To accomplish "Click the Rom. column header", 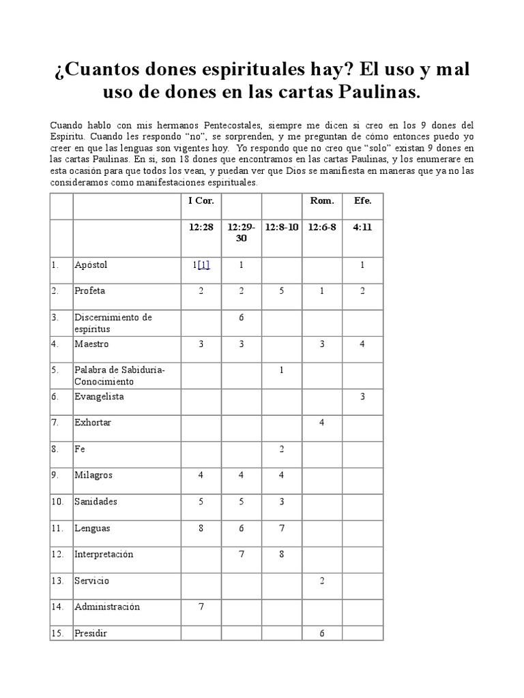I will (x=321, y=200).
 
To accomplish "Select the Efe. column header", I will (x=362, y=200).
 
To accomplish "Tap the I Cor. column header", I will (x=201, y=200).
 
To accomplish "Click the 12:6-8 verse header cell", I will (x=321, y=227).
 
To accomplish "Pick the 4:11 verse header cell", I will (x=362, y=227).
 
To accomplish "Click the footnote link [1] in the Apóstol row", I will (x=203, y=265).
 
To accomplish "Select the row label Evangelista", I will (x=99, y=396).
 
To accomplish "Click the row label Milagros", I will (x=93, y=475).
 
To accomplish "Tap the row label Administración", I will (x=107, y=607).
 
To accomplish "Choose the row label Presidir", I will (x=91, y=633).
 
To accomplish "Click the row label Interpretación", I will (x=104, y=554).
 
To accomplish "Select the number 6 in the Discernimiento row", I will (x=242, y=318).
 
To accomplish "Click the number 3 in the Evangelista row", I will (x=362, y=397).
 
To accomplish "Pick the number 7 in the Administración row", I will (x=201, y=607).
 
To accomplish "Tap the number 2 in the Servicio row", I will (x=321, y=581).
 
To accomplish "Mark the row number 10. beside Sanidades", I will (x=57, y=502).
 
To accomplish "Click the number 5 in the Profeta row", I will (x=282, y=291).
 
